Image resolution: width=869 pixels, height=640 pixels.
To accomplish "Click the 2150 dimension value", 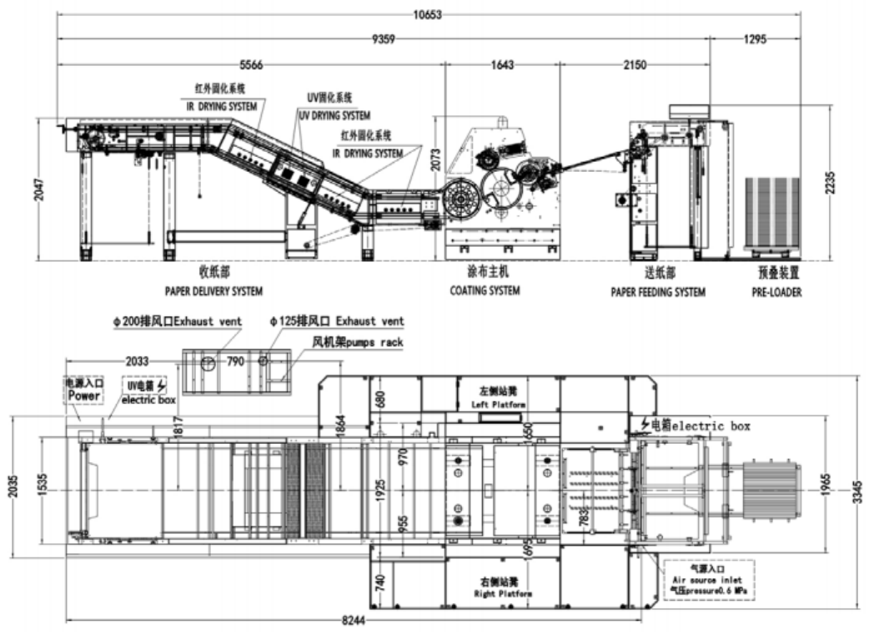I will click(x=635, y=64).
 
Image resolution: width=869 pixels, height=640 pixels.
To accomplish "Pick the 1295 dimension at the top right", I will click(x=754, y=38).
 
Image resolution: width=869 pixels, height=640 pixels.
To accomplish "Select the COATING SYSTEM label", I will click(x=485, y=290).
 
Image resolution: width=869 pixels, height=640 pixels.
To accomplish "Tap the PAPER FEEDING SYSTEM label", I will click(x=657, y=292).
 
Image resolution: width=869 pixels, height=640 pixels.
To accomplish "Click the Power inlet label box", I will click(x=84, y=391).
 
